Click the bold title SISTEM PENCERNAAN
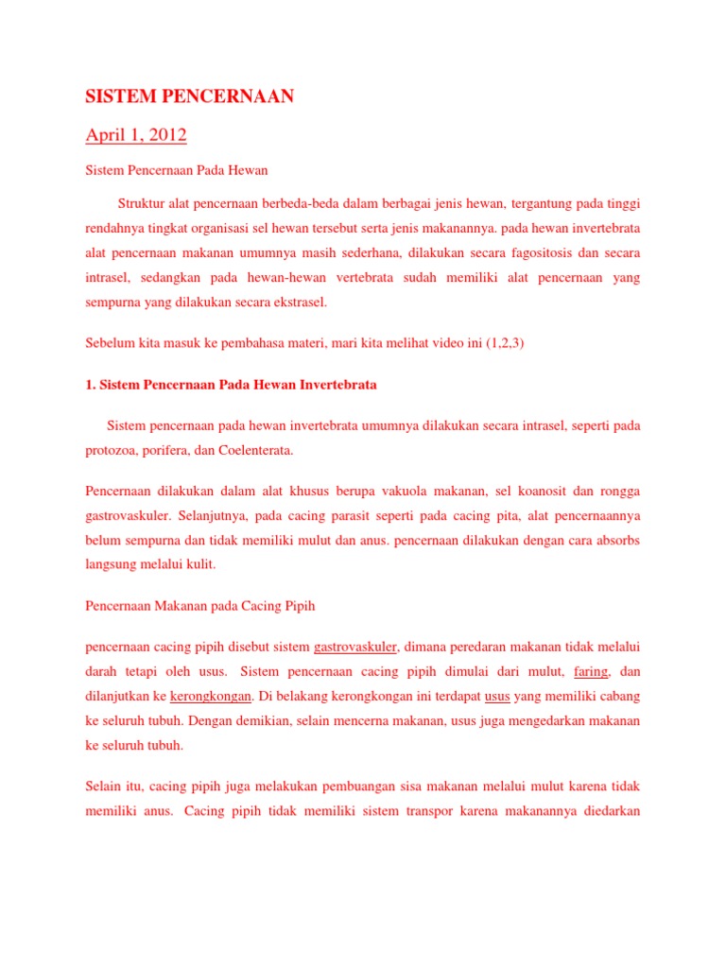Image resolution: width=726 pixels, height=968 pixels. coord(190,97)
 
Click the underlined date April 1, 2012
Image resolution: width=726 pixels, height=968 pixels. coord(136,136)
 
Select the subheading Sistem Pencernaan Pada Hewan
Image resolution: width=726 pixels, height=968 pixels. coord(177,171)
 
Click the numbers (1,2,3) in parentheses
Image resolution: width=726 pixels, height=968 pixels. coord(505,345)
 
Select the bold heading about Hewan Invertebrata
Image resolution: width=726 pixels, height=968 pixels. coord(231,386)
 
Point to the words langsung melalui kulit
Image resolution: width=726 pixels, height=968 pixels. coord(151,565)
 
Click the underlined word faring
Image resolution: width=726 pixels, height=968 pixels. coord(591,672)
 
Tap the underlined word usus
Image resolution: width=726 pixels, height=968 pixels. coord(497,697)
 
